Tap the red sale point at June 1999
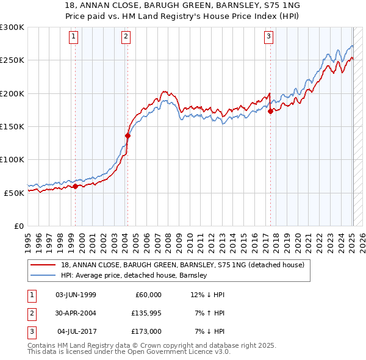(x=76, y=187)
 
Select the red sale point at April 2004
(x=128, y=136)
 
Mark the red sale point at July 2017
(x=271, y=111)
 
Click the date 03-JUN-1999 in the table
(x=75, y=295)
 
